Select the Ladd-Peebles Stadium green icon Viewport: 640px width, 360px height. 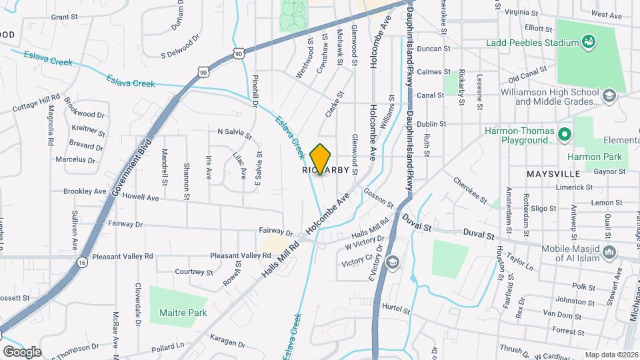589,43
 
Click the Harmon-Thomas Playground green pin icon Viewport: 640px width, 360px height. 565,134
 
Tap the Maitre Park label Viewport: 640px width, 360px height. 183,313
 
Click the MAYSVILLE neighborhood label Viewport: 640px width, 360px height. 553,173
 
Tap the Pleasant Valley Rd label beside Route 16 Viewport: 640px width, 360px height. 123,256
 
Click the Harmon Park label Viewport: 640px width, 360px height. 593,157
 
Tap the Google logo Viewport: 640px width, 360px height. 22,351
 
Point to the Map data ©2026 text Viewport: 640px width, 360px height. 611,355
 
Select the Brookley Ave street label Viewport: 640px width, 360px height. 85,191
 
